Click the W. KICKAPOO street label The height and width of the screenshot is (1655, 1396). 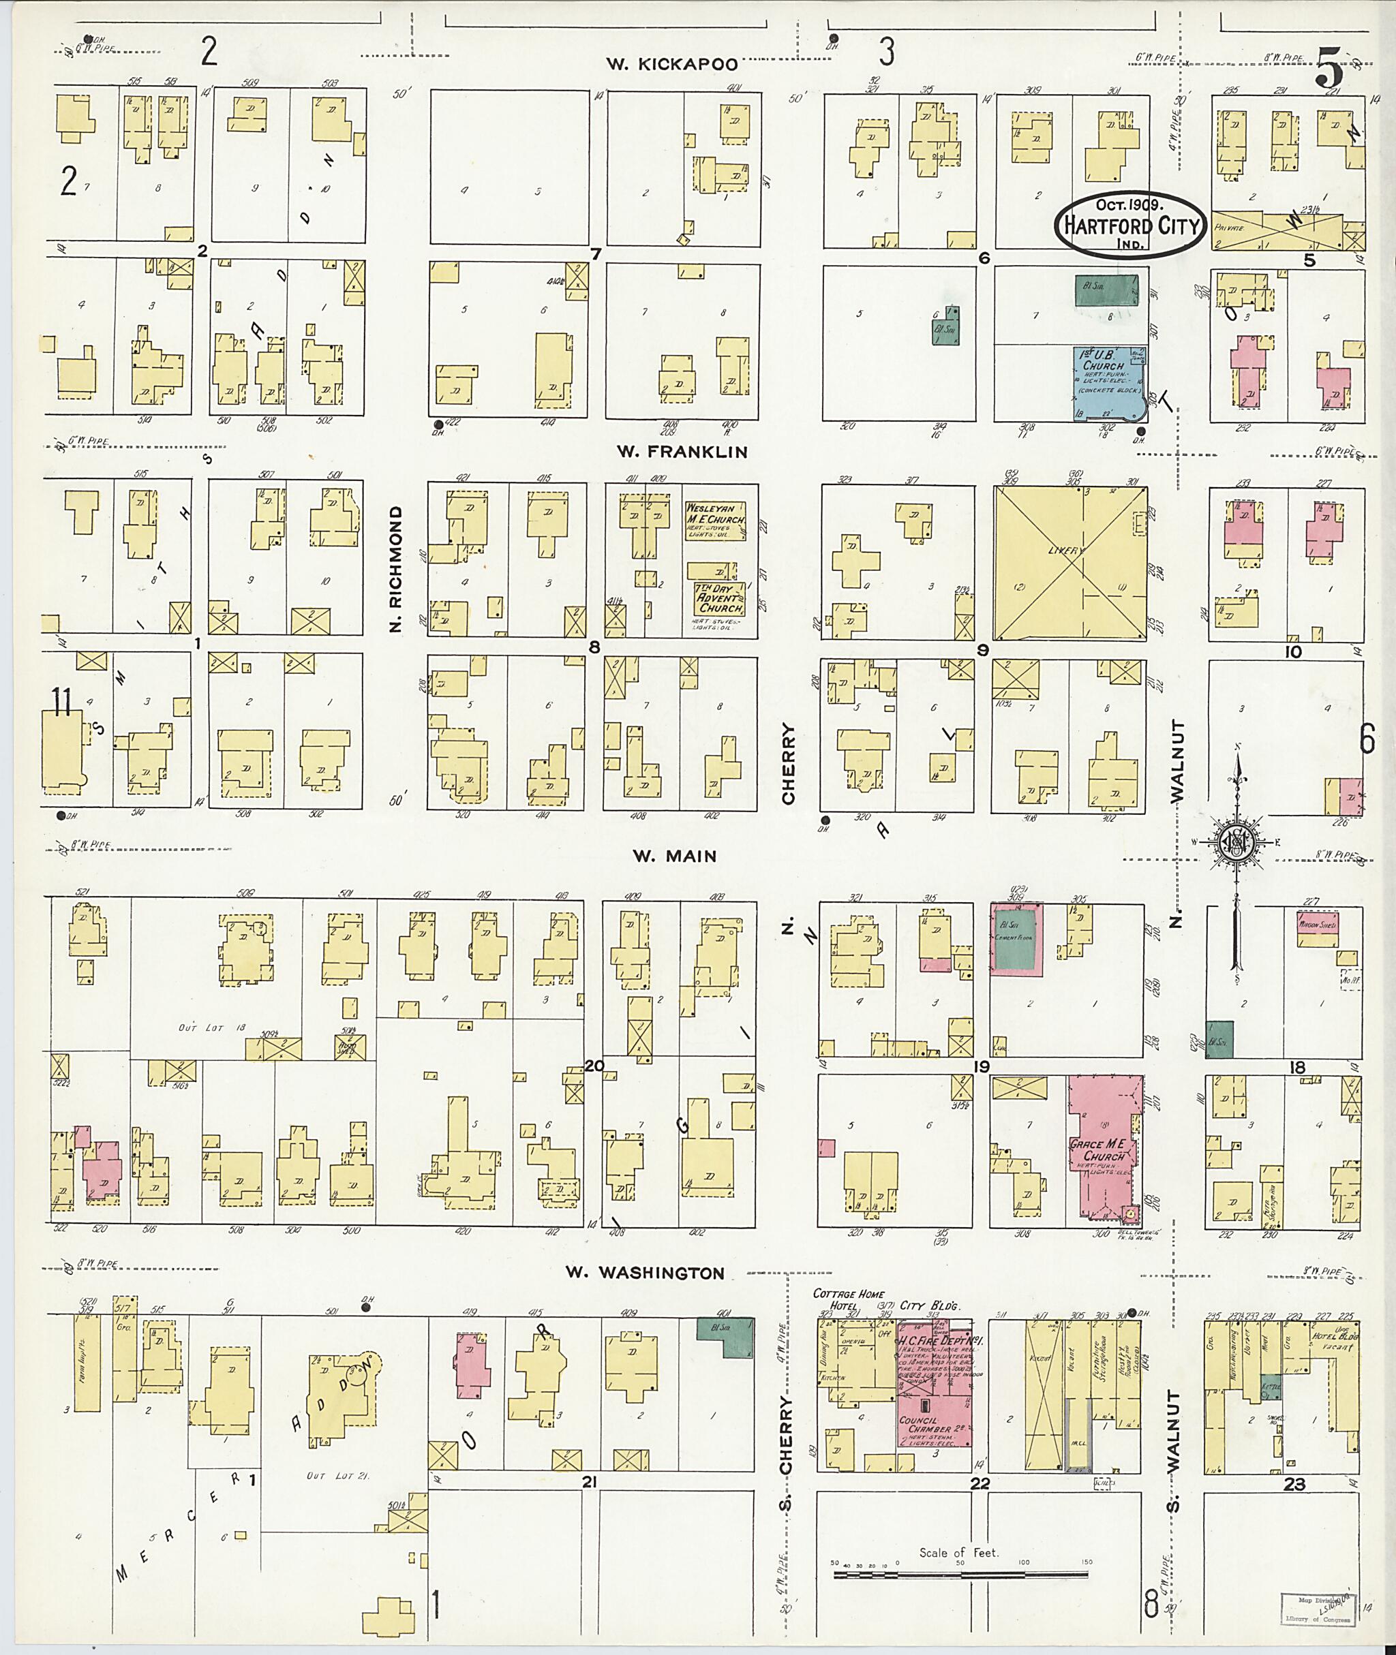(x=672, y=65)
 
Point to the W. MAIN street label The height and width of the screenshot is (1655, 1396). (x=674, y=856)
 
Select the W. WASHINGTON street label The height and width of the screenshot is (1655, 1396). (x=645, y=1273)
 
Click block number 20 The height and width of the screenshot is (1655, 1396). (x=594, y=1066)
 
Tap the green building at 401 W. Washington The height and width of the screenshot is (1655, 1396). (x=724, y=1337)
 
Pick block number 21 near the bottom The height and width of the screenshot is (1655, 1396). (x=588, y=1482)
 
